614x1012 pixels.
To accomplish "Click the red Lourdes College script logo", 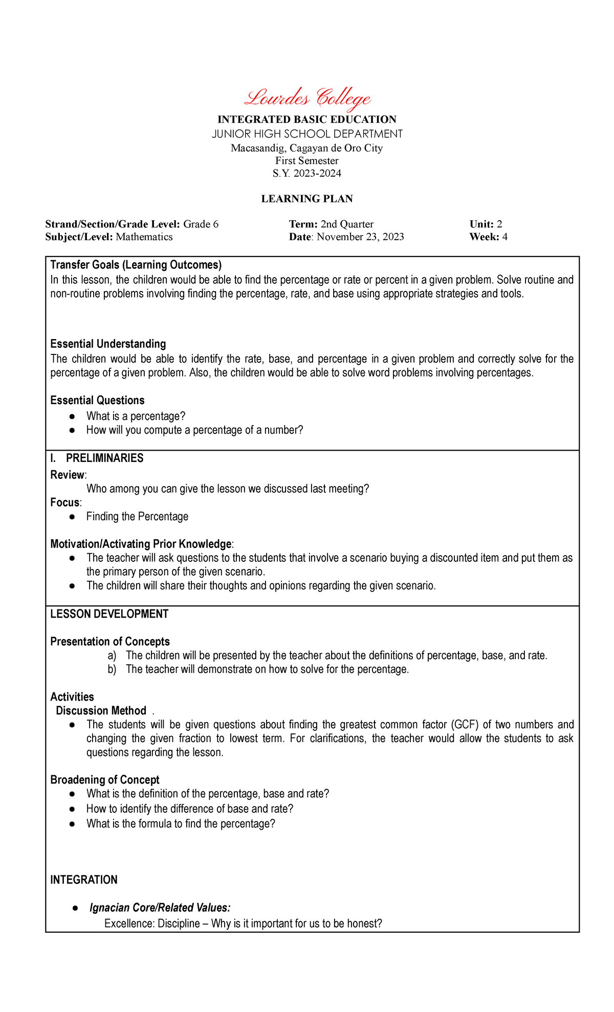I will coord(307,97).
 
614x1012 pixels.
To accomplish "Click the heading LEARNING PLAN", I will coord(307,199).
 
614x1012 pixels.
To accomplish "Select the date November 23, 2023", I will coord(361,237).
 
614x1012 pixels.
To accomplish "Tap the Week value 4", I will coord(505,237).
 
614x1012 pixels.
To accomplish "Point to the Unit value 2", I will coord(499,224).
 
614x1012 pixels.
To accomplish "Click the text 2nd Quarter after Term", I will coord(347,224).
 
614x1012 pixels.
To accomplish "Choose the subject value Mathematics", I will coord(144,237).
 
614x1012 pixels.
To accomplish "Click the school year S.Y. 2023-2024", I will coord(307,173).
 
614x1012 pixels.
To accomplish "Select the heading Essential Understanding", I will coord(108,344).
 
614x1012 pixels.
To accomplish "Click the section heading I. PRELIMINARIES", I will coord(97,458).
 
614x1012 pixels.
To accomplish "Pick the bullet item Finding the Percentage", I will coord(137,516).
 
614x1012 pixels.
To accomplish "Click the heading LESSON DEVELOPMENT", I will coord(109,614).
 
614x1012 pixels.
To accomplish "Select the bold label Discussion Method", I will coord(101,710).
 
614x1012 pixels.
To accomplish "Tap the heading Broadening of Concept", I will coord(105,779).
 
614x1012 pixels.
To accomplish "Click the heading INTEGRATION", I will coord(84,880).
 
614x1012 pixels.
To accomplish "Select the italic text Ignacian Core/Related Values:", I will coord(160,908).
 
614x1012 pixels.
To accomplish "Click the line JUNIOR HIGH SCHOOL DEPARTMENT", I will coord(307,134).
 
